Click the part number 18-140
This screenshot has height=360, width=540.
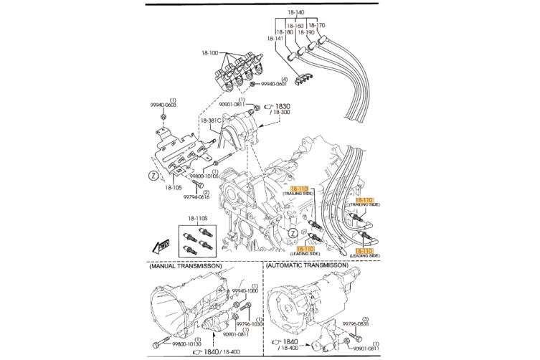(x=296, y=13)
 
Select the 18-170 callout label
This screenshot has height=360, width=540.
(x=316, y=25)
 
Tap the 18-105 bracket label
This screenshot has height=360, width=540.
(x=174, y=187)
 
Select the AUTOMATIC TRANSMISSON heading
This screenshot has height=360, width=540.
(x=308, y=265)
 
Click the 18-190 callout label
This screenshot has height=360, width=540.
(x=305, y=32)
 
